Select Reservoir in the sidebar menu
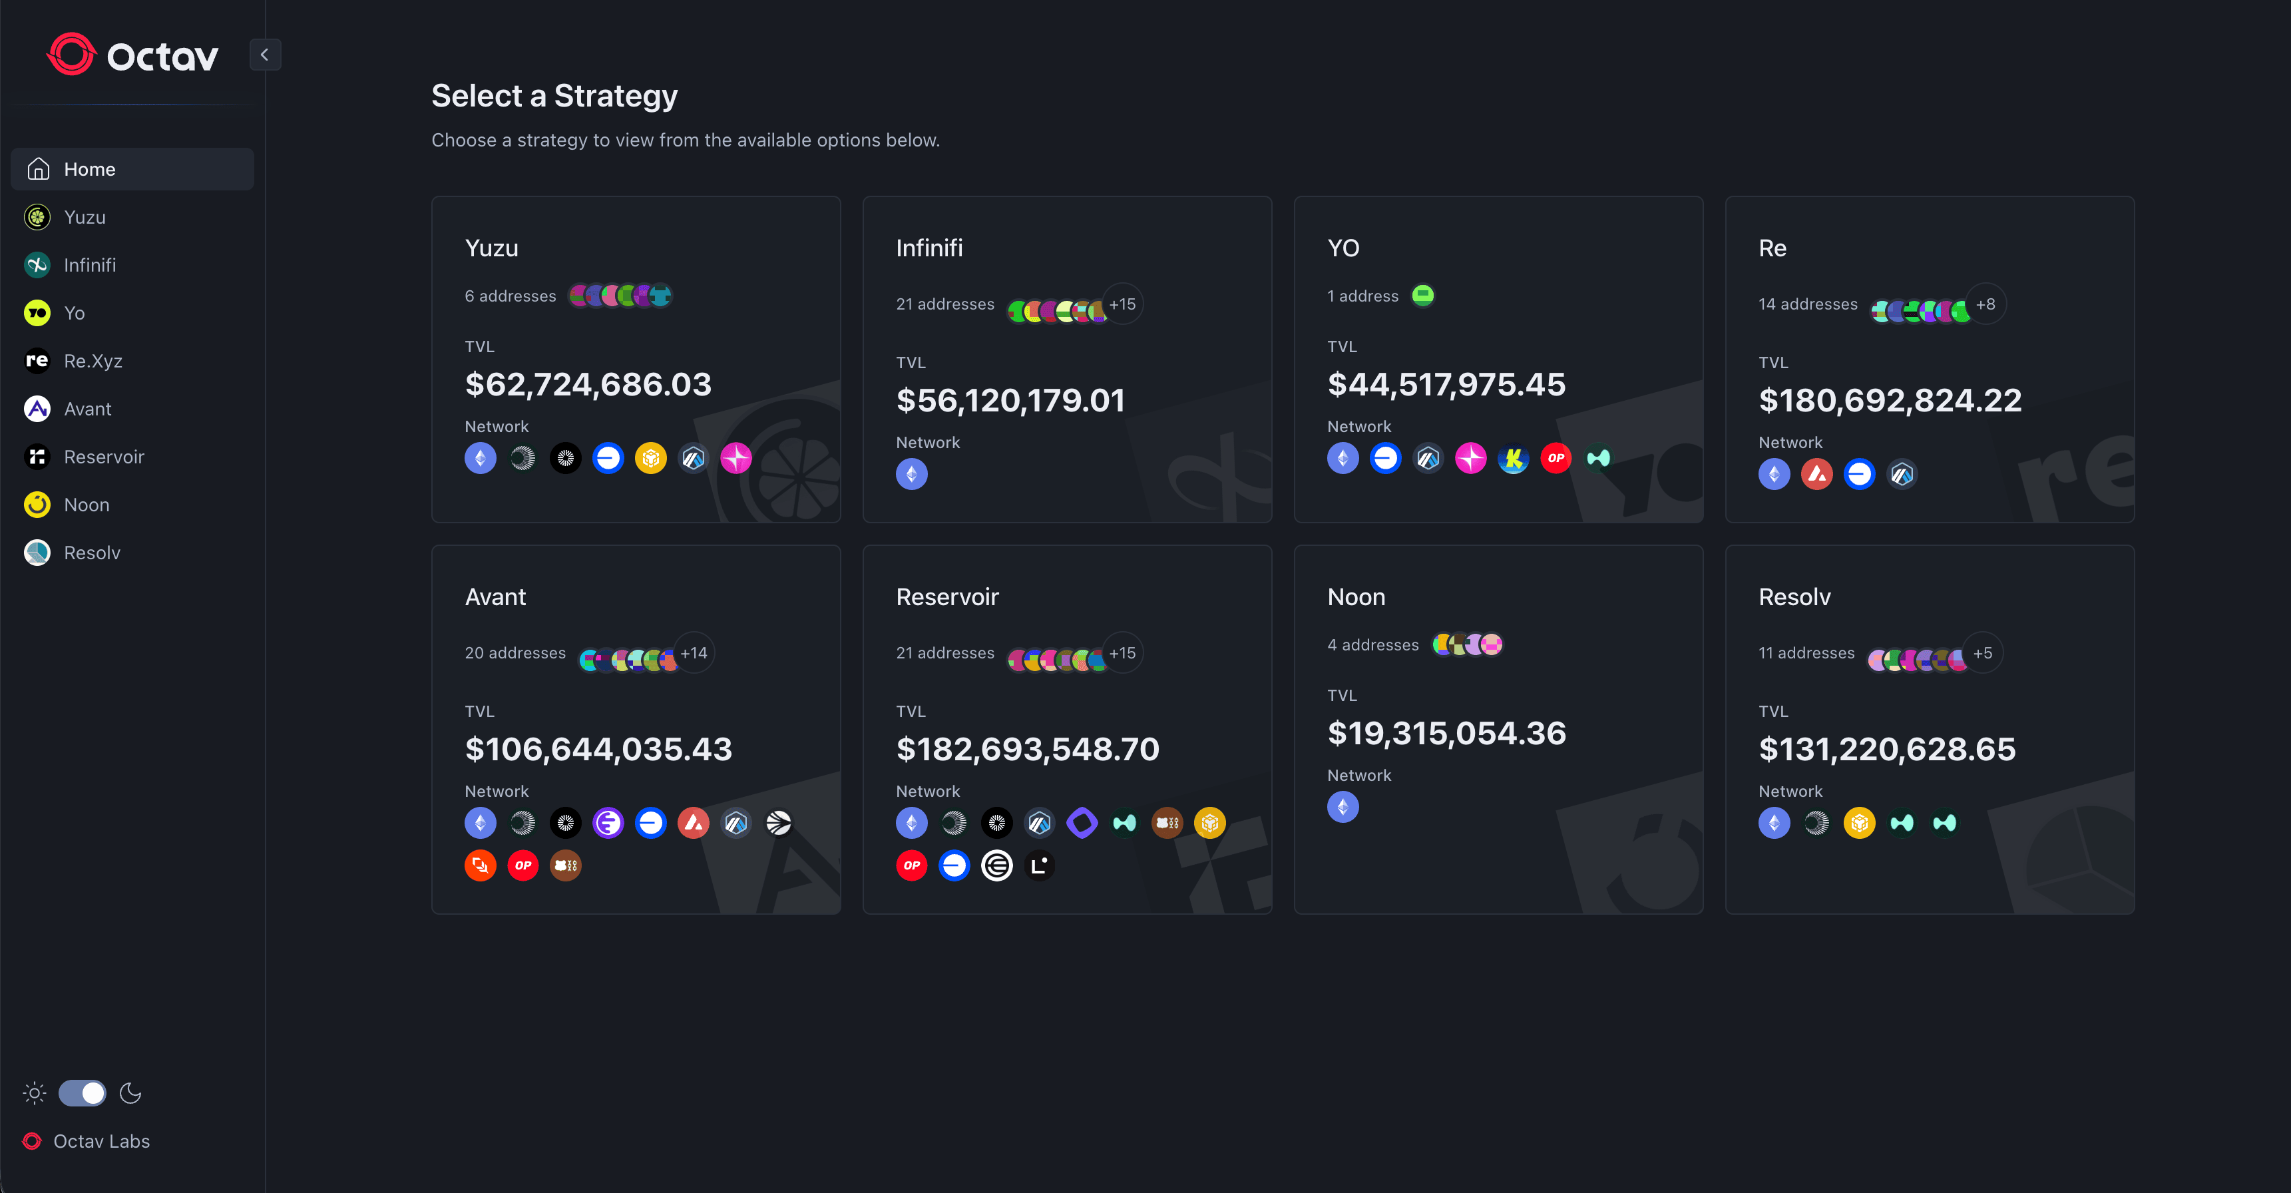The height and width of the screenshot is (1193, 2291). (x=103, y=457)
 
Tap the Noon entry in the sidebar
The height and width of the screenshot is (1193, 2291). (x=87, y=505)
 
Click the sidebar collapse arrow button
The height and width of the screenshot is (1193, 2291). (x=264, y=55)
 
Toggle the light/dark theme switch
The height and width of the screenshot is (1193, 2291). (x=82, y=1092)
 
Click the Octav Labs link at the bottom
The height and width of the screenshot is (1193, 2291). (x=101, y=1140)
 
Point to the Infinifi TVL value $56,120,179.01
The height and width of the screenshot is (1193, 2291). (x=1010, y=400)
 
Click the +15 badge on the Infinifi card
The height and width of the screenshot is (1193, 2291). (x=1122, y=304)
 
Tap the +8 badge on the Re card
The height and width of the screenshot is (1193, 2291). (x=1985, y=304)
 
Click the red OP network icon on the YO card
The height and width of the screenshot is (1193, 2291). (x=1556, y=458)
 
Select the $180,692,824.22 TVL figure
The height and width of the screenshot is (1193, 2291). (x=1890, y=400)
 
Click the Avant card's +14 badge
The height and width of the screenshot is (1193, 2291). (x=694, y=653)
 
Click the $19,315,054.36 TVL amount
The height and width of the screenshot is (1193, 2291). (x=1446, y=733)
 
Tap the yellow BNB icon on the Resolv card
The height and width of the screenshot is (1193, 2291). (x=1859, y=823)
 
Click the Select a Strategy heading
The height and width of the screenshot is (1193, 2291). (x=554, y=95)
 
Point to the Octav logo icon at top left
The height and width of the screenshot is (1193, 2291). (x=71, y=55)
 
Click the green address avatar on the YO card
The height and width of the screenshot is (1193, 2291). (x=1423, y=296)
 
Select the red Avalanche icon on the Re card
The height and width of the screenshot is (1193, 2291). (x=1816, y=474)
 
